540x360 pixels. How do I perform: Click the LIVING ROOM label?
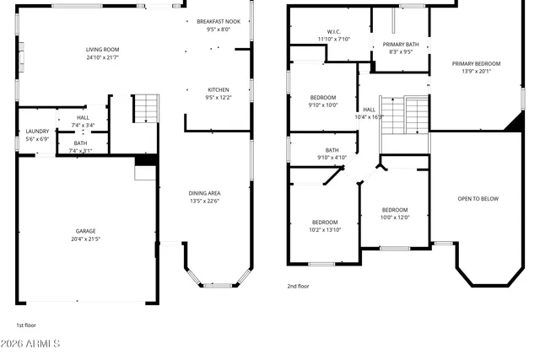(x=102, y=49)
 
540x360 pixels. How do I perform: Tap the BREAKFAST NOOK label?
(x=218, y=21)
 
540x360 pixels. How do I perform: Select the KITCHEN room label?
(x=219, y=89)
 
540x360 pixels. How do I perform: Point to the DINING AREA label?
(x=205, y=193)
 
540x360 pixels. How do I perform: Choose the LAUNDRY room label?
(x=37, y=131)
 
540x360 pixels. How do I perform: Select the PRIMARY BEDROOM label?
(x=476, y=63)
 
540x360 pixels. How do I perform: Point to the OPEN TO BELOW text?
(x=478, y=199)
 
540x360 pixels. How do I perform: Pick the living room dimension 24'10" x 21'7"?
(x=102, y=57)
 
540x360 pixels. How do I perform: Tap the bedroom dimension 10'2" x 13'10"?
(x=325, y=230)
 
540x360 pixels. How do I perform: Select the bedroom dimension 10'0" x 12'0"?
(x=395, y=218)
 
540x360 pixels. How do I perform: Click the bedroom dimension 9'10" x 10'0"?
(x=322, y=105)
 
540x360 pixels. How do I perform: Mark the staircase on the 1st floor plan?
(x=146, y=108)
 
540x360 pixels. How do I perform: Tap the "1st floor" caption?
(x=26, y=325)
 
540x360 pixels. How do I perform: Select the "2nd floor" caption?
(x=299, y=286)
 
